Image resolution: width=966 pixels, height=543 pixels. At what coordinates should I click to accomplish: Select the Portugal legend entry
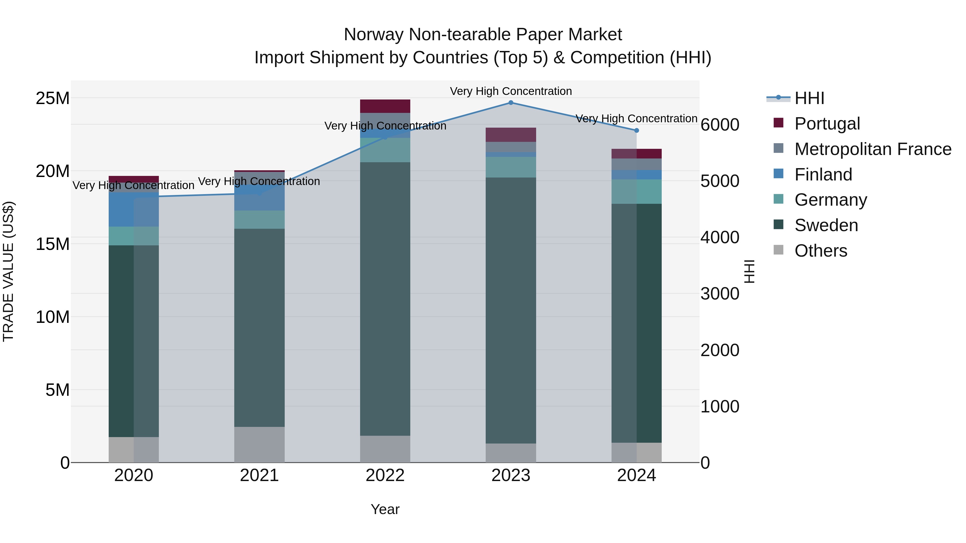pos(827,124)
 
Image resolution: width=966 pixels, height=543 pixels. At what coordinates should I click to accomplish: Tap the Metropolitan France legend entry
pos(873,149)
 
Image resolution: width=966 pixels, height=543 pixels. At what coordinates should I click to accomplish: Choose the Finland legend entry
pos(823,175)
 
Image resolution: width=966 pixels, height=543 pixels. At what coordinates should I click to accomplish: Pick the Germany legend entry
pos(830,200)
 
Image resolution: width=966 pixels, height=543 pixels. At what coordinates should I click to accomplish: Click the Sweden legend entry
pos(826,225)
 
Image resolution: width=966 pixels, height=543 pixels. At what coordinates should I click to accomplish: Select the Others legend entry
pos(821,251)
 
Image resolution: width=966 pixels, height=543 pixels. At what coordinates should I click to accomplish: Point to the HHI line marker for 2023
pos(511,103)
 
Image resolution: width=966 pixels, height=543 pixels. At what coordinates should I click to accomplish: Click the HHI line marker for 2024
pos(636,130)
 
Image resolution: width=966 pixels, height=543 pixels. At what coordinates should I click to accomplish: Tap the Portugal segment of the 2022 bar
pos(385,106)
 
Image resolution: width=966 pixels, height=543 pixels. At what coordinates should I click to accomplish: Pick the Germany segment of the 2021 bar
pos(259,220)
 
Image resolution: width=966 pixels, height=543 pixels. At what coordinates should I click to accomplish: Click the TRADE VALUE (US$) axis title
pos(9,271)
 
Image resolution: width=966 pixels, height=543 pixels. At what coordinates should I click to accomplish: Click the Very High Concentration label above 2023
pos(511,91)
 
